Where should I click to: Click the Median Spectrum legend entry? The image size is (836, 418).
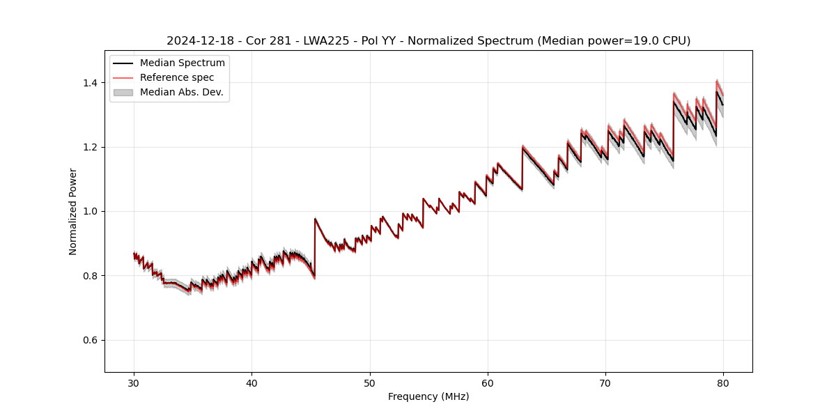(x=182, y=63)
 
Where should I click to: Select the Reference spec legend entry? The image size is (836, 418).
(x=176, y=77)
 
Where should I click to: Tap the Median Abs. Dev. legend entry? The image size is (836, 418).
(x=181, y=92)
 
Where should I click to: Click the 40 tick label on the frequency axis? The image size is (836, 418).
(x=252, y=383)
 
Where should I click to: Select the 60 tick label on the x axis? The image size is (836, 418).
(x=488, y=383)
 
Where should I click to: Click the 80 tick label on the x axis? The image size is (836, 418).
(x=723, y=383)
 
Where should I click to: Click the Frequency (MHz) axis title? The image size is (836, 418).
(x=428, y=396)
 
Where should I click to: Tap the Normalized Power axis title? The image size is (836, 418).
(x=73, y=211)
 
